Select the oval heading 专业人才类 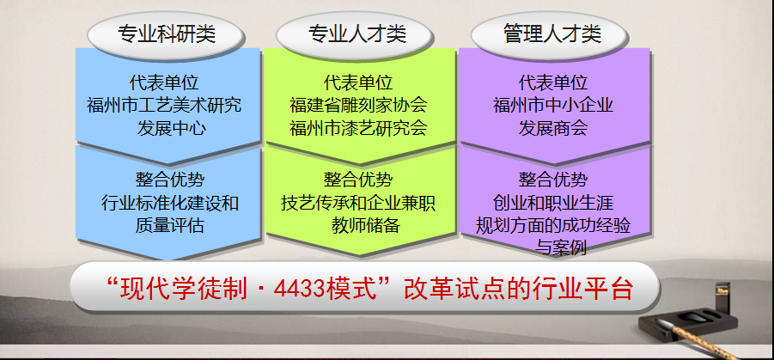click(357, 34)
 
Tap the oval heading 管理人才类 click(551, 34)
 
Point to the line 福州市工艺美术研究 click(165, 105)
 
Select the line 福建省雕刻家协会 click(359, 105)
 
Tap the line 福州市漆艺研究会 click(359, 128)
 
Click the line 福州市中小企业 click(554, 105)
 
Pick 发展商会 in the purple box click(554, 128)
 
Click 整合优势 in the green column click(359, 180)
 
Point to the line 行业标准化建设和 click(170, 203)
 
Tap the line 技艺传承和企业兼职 click(359, 203)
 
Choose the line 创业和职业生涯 click(554, 203)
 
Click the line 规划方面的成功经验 click(554, 226)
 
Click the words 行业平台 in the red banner click(582, 289)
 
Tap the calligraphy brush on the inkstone click(696, 339)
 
